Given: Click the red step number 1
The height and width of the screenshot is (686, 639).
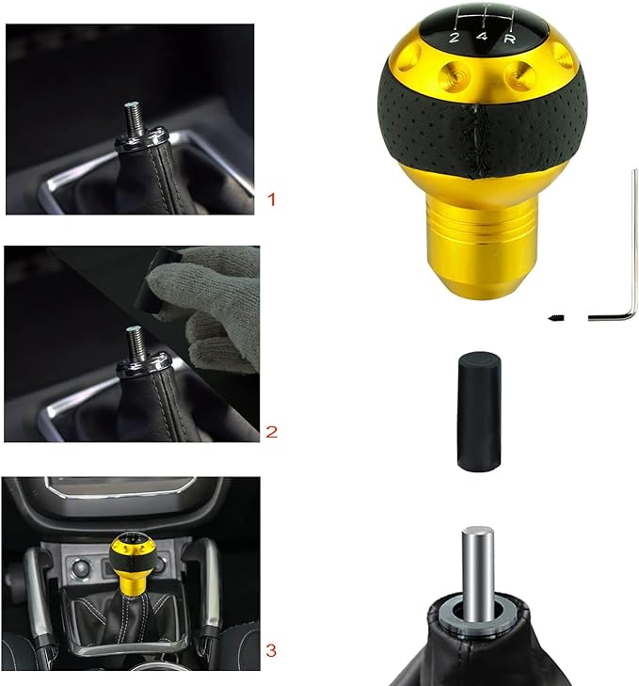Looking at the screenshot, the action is coord(271,199).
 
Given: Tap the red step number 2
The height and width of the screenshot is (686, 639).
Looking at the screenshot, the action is coord(271,432).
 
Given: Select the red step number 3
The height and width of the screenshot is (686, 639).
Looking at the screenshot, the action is coord(271,650).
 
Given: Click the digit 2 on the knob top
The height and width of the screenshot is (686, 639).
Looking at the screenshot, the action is coord(455,38).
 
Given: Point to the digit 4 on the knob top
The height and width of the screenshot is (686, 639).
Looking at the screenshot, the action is coord(482,37).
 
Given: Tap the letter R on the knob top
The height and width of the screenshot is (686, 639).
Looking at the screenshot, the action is coord(509,39).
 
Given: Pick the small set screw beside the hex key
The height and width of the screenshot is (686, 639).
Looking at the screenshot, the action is coord(556,317).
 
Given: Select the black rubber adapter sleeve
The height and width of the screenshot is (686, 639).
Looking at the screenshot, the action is coord(479,411).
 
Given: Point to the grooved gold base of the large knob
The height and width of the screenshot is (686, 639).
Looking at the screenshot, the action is coord(482,245).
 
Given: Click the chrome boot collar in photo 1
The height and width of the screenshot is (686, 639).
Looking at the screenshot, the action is coord(141,137).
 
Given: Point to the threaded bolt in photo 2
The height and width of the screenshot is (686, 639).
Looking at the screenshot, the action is coord(136,343).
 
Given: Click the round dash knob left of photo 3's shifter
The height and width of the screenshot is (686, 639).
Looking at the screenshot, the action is coord(81,568).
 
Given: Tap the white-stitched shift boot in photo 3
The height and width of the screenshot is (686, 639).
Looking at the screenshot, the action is coord(127,621).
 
